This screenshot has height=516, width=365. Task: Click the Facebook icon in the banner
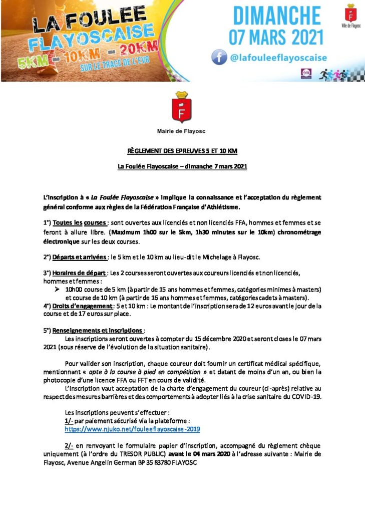(219, 58)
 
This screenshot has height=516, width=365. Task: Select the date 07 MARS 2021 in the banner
(276, 37)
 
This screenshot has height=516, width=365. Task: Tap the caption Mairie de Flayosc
(181, 131)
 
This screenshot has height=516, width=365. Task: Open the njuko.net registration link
(132, 429)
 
